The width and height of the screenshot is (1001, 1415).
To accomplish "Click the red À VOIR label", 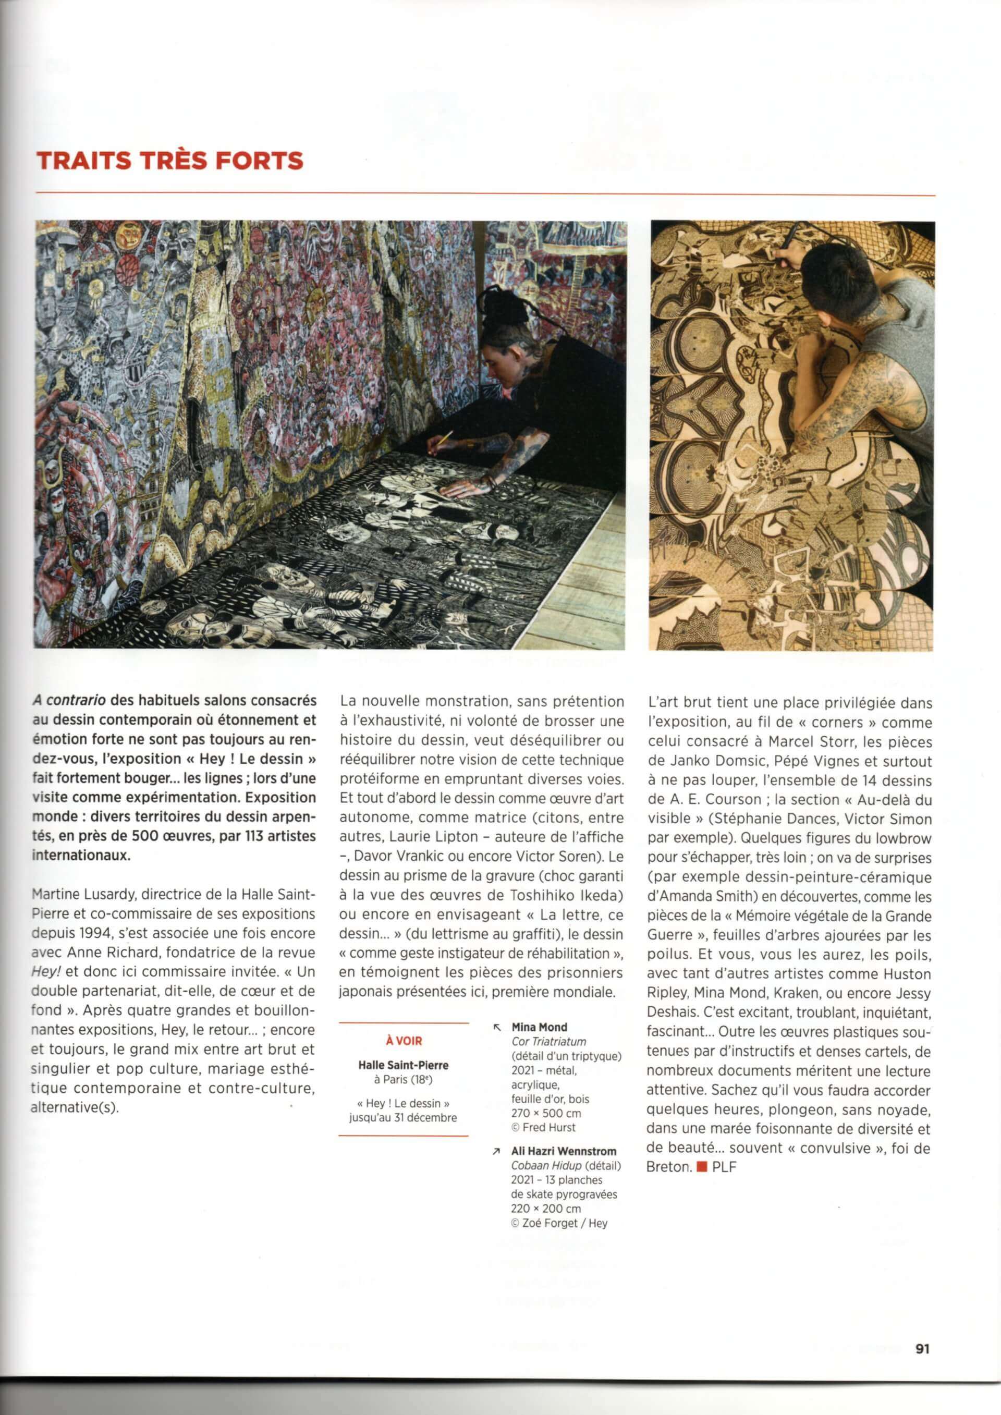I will coord(404,1040).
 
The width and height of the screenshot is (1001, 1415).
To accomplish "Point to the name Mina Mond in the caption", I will coord(539,1027).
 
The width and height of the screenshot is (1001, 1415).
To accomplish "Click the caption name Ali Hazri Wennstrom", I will coord(564,1151).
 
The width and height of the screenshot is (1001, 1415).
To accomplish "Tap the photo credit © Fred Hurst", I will coord(543,1127).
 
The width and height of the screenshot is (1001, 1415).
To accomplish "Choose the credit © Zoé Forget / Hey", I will coord(559,1223).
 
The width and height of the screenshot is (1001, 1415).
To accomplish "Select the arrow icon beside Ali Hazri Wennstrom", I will coord(497,1151).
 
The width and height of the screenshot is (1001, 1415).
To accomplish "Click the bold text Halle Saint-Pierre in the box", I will coord(403,1065).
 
